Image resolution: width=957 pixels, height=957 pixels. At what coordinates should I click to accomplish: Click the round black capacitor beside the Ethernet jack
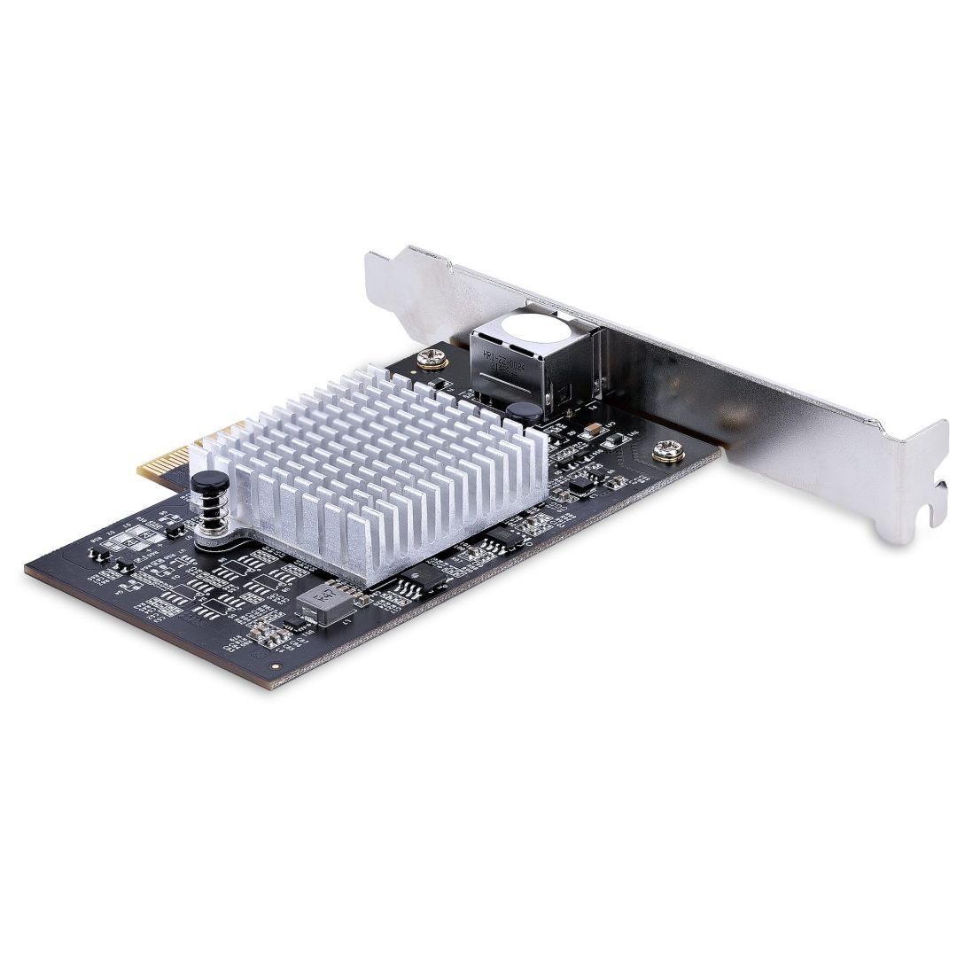pyautogui.click(x=524, y=411)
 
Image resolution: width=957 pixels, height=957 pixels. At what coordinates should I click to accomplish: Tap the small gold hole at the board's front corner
pyautogui.click(x=275, y=663)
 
